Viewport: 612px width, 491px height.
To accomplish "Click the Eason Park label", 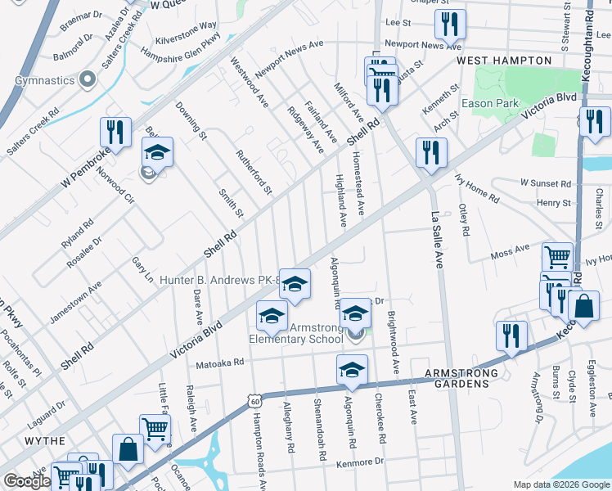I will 490,103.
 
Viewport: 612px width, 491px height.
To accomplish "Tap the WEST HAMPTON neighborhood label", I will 504,61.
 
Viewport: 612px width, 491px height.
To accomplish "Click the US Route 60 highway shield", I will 255,400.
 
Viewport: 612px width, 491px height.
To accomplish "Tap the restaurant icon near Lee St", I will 449,25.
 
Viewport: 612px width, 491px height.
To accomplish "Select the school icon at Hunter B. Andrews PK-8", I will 295,283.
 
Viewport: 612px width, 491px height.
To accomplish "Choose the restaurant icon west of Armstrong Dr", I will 511,336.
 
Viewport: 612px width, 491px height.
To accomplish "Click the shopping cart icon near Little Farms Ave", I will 155,428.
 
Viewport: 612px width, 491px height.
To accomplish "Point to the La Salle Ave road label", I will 437,237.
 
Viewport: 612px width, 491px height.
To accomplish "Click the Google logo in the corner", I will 27,481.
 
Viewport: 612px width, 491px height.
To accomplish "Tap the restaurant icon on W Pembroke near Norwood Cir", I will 115,133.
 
